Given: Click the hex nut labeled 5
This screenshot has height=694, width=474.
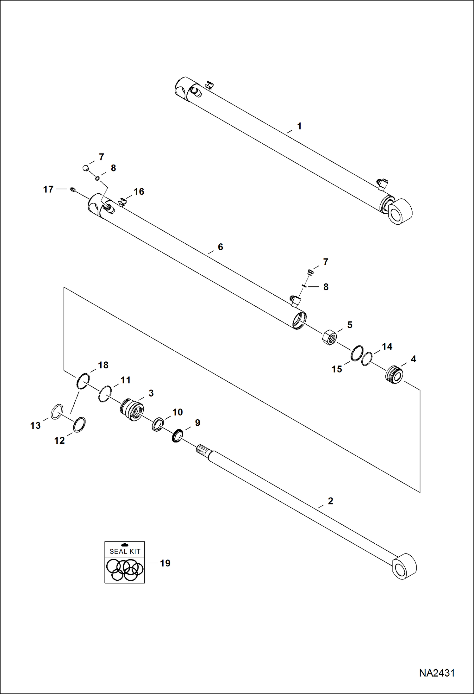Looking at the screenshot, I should tap(329, 338).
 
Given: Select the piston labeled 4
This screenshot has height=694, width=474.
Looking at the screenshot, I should tap(394, 374).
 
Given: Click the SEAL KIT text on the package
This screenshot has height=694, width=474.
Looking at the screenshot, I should tap(125, 552).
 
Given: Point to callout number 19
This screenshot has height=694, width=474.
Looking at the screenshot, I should tap(165, 563).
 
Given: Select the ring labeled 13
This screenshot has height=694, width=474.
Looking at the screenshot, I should tap(57, 411).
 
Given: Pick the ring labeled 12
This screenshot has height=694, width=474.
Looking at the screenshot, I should tap(79, 425).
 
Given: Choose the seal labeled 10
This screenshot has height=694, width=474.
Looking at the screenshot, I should tap(158, 424).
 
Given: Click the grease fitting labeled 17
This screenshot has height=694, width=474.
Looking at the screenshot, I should tap(72, 190).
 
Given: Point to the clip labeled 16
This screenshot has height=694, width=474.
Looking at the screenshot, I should tap(122, 201).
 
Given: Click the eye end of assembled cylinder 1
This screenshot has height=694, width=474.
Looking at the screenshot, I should tap(400, 212).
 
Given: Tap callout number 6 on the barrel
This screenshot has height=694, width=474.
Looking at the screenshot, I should tap(220, 247).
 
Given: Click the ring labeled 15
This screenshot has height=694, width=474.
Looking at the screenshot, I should tap(357, 353).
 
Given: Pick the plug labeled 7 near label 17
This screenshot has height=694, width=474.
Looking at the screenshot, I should tap(85, 168).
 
